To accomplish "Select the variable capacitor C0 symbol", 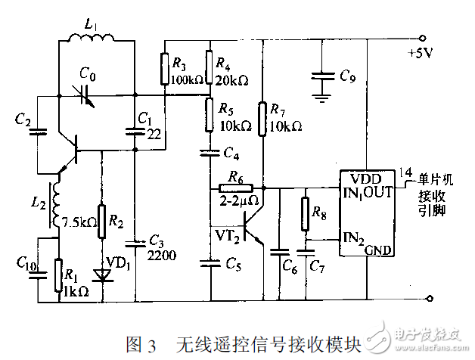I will (88, 95).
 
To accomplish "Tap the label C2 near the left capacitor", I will (23, 119).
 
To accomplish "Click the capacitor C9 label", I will (347, 76).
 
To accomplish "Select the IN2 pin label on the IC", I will (352, 237).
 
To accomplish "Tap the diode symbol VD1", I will (101, 275).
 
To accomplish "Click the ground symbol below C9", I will (324, 96).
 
